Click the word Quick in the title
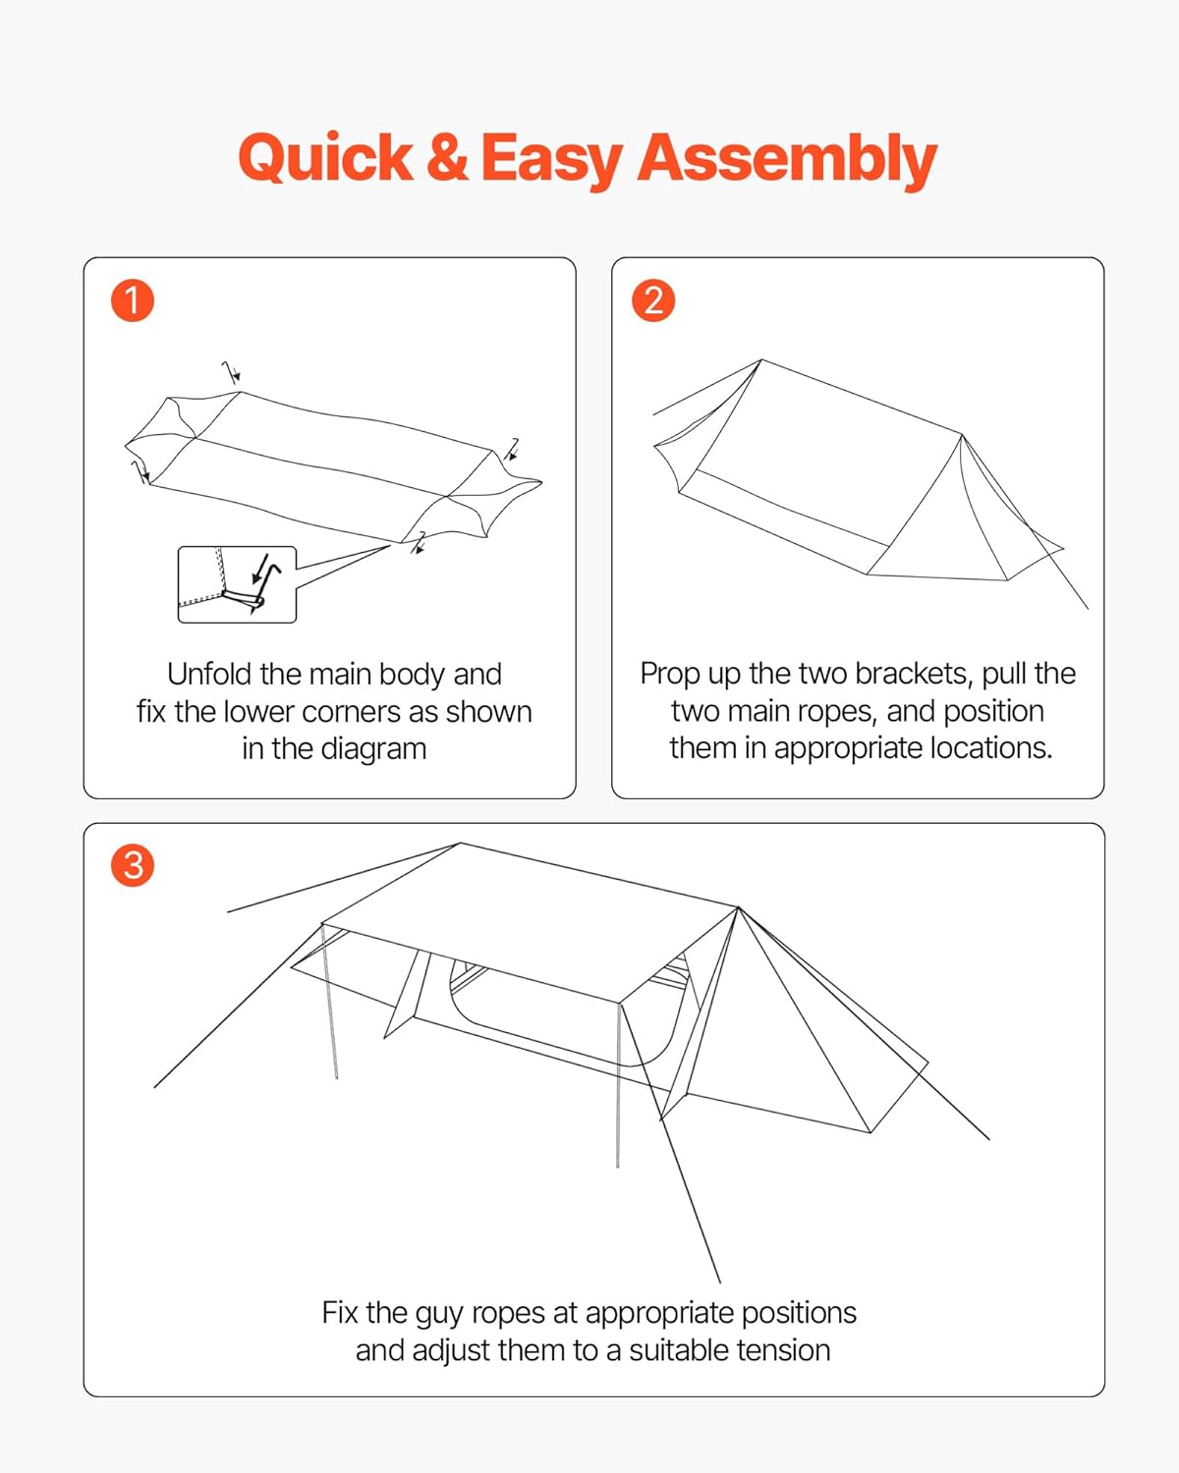click(x=325, y=159)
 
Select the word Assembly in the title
click(x=787, y=161)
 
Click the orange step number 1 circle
click(x=133, y=300)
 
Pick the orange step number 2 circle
click(x=652, y=300)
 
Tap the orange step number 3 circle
click(x=133, y=865)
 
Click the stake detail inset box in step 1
click(x=237, y=584)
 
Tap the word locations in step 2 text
click(x=982, y=748)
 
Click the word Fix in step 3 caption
click(x=340, y=1314)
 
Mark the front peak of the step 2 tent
click(x=962, y=435)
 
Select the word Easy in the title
click(x=552, y=161)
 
